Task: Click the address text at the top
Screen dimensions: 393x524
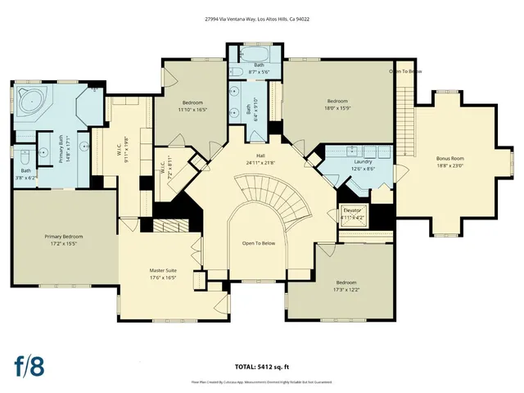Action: point(262,18)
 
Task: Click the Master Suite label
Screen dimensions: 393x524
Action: point(163,273)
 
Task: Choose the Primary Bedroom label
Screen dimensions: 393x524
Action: point(63,240)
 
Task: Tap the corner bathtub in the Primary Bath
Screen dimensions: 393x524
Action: point(32,103)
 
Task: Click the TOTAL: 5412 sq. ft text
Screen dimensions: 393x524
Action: point(262,367)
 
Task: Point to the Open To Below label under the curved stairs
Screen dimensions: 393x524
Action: point(259,243)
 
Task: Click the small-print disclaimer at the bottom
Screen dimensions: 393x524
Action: point(262,381)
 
